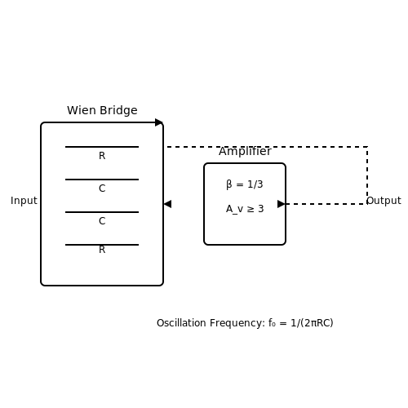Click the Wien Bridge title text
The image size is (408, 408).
pos(102,110)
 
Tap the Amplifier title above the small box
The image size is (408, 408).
pos(245,151)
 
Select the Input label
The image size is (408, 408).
pos(24,201)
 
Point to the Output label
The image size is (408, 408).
pos(384,201)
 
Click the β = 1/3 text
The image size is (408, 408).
pos(245,184)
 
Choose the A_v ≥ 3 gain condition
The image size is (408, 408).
pos(245,209)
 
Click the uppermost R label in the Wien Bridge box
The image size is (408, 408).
pos(102,156)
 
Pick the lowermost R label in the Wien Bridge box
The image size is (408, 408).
pos(102,250)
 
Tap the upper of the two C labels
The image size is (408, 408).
pos(102,188)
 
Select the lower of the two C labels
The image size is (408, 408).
pos(102,221)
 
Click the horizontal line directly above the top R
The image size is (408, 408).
pos(102,147)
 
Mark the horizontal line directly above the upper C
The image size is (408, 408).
pos(102,180)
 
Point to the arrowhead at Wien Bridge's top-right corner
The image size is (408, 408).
pos(159,122)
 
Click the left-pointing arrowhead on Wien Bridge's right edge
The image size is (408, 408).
pos(167,204)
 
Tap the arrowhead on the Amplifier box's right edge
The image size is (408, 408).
pos(282,204)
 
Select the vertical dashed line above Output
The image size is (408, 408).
pos(367,175)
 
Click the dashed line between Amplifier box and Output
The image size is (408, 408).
pos(326,204)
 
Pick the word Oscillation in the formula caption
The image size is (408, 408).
pos(181,323)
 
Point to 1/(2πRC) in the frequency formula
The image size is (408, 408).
pos(312,323)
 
